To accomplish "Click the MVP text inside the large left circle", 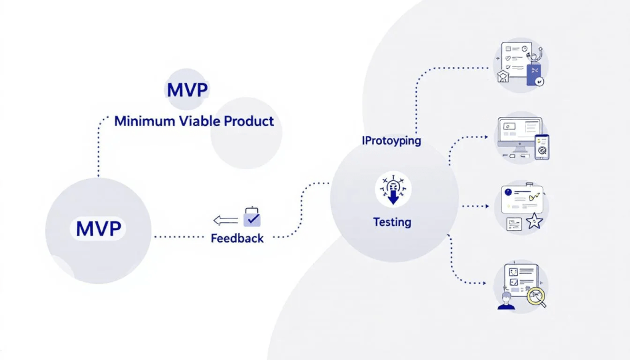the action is pos(98,229).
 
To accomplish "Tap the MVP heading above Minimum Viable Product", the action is pos(187,90).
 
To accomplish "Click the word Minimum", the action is pos(144,121).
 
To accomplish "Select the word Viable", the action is pos(199,121).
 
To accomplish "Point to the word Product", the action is pos(249,121).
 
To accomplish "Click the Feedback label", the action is pos(237,238).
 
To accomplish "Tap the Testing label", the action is pos(392,222).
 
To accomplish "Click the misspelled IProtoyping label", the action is pos(391,141).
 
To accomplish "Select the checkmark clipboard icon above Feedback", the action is pos(252,217).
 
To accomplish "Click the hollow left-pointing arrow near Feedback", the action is pos(225,220).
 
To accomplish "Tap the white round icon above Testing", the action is pos(393,190).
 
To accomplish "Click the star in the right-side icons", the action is pos(535,221).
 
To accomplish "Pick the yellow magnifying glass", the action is pos(536,298).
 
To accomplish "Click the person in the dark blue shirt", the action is pos(506,301).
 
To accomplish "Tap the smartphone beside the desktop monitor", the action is pos(541,146).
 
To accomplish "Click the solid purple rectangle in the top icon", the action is pos(533,74).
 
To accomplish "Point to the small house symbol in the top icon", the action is pos(503,76).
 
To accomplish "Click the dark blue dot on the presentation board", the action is pos(508,193).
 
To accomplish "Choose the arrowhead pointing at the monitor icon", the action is pos(486,137).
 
